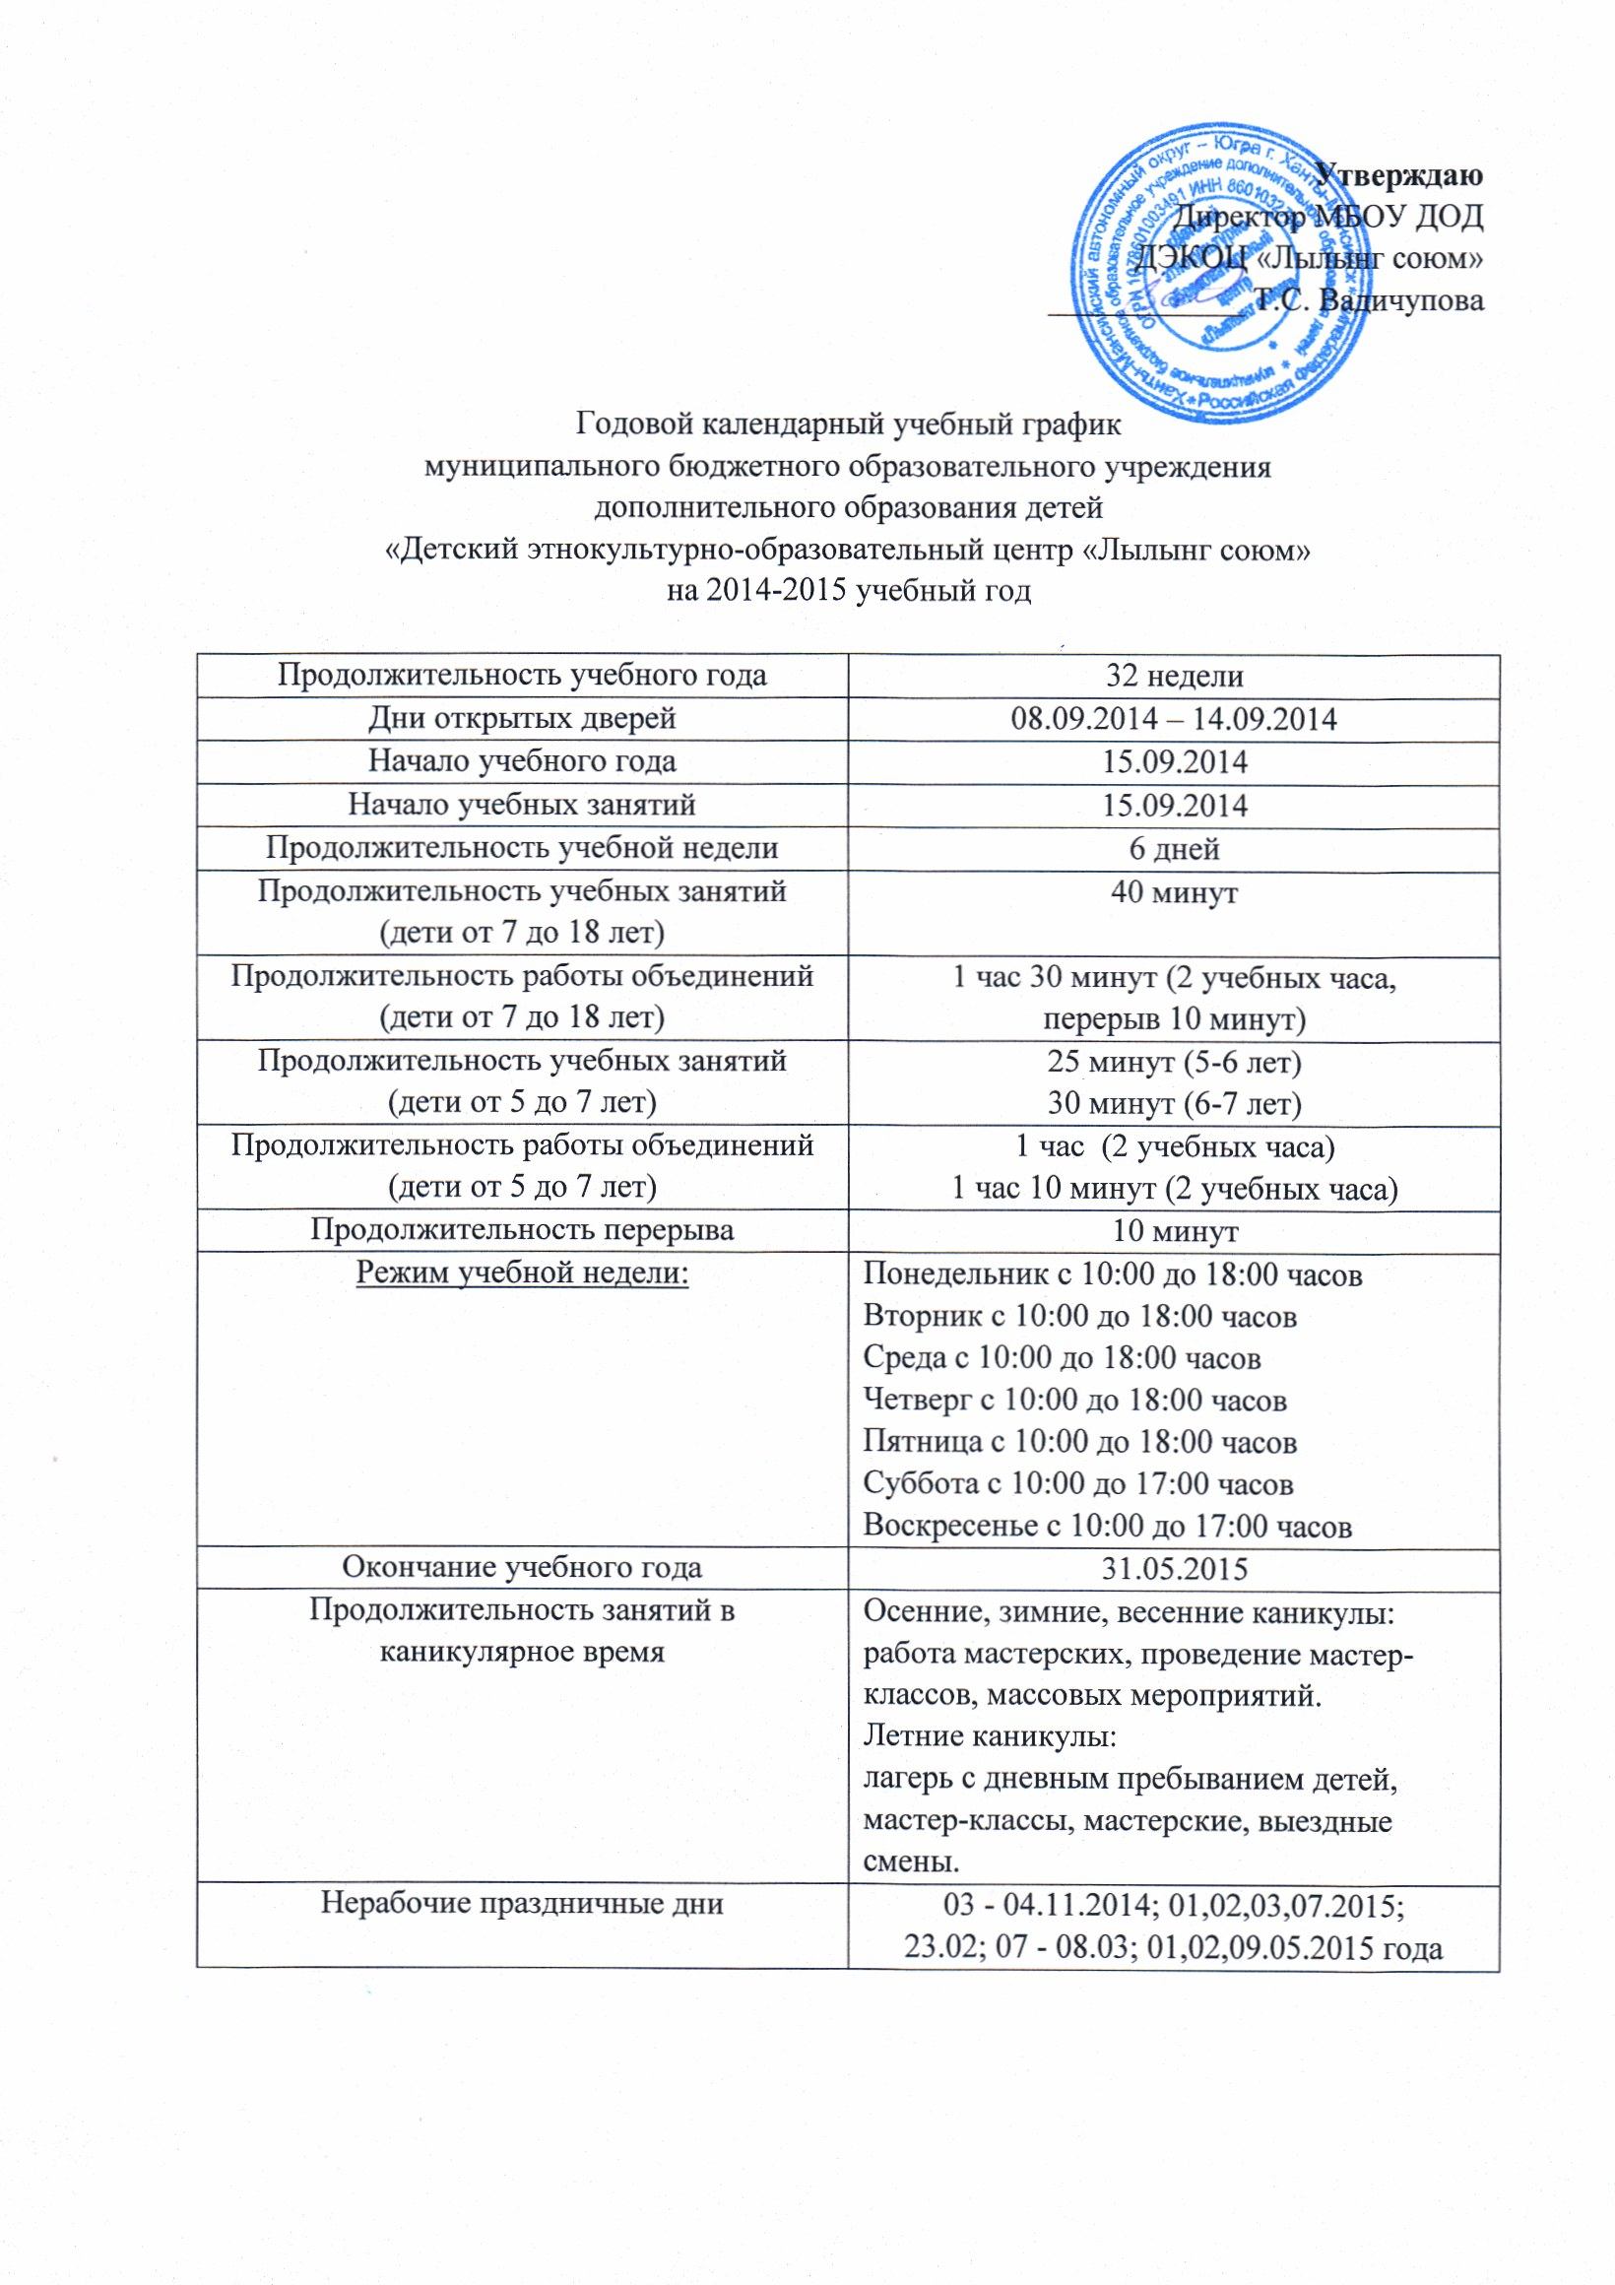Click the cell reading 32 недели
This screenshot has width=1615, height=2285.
tap(1174, 677)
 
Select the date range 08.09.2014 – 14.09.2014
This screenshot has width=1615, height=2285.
tap(1174, 720)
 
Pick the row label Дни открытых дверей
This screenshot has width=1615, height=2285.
tap(522, 720)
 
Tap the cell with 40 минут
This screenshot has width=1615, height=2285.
tap(1174, 891)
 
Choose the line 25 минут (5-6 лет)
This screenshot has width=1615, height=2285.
tap(1174, 1061)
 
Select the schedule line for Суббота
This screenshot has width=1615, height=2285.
tap(1078, 1484)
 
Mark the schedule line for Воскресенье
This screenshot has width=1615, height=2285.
tap(1108, 1526)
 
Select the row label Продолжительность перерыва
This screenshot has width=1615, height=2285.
tap(522, 1231)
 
